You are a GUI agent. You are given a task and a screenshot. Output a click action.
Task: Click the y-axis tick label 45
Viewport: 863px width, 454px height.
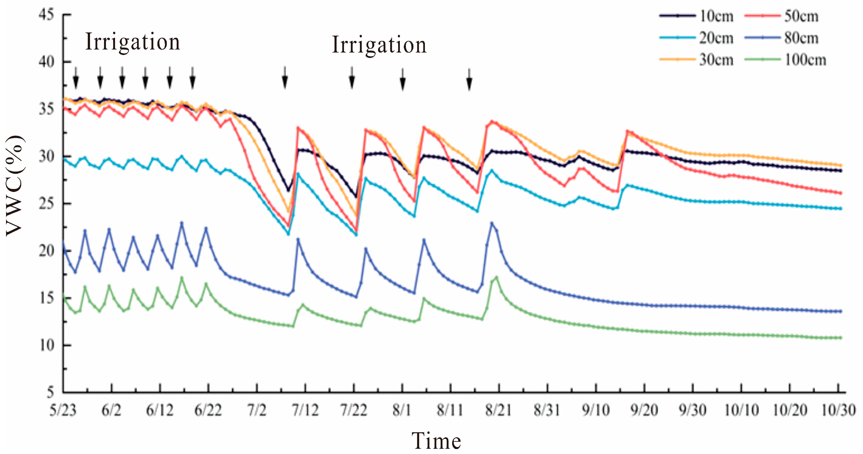(x=47, y=15)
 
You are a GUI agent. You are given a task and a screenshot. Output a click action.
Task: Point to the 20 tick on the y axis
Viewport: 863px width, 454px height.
(x=47, y=251)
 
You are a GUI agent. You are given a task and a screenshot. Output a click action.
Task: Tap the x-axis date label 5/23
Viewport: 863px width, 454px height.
(x=63, y=411)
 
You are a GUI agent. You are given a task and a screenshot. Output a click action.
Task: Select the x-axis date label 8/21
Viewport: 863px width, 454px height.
(x=498, y=411)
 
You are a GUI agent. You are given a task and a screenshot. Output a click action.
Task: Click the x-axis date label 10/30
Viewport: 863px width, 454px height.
(x=839, y=411)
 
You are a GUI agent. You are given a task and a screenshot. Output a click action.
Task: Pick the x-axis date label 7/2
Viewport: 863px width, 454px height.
(x=257, y=411)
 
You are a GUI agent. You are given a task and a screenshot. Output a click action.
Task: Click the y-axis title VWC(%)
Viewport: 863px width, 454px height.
(x=15, y=186)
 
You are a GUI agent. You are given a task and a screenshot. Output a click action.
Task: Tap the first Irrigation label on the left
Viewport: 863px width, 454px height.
(x=133, y=42)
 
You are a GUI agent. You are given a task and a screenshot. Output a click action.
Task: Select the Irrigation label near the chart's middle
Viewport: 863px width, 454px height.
(x=379, y=45)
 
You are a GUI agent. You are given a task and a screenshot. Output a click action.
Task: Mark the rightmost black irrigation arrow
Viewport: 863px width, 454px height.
(x=469, y=79)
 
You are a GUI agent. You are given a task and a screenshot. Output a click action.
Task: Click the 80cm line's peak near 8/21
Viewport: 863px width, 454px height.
(x=492, y=223)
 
